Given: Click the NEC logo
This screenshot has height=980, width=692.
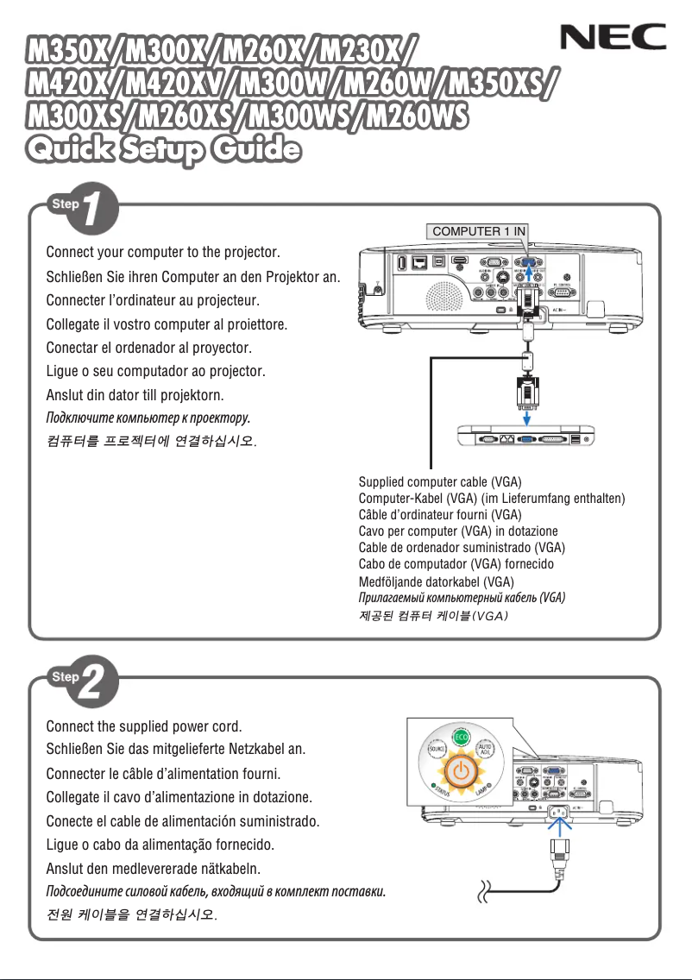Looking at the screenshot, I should pos(613,37).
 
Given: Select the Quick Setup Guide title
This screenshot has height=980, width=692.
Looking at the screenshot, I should pos(165,149).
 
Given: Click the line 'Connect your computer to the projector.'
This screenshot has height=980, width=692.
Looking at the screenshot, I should pos(175,254).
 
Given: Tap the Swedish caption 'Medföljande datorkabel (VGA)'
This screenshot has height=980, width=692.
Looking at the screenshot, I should pos(436,581).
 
